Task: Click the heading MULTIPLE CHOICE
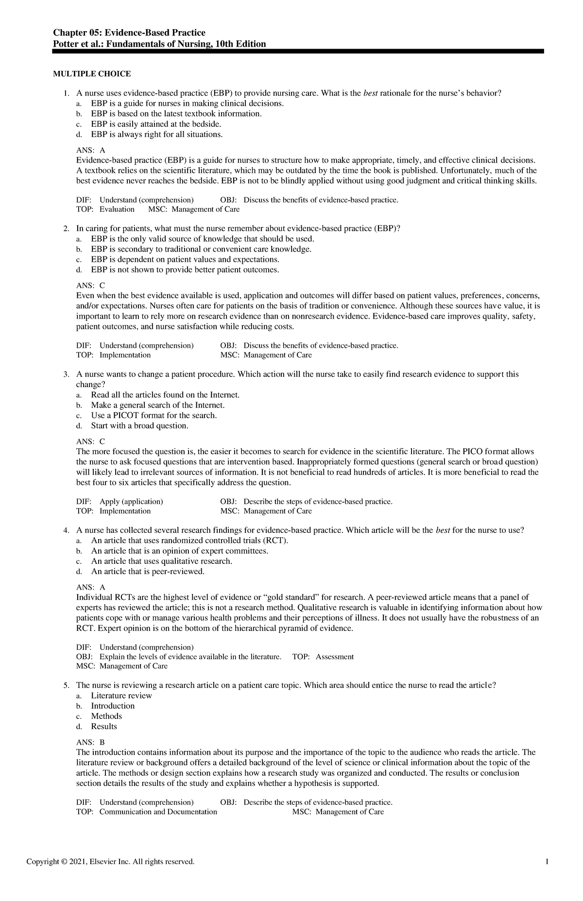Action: tap(92, 74)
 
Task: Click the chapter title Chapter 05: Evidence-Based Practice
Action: tap(129, 33)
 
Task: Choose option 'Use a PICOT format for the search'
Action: tap(154, 416)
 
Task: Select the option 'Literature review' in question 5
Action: tap(121, 696)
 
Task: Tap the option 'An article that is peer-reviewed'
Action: tap(148, 572)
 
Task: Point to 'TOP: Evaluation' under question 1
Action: tap(105, 209)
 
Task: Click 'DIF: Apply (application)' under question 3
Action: tap(120, 502)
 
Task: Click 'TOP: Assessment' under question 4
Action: tap(323, 657)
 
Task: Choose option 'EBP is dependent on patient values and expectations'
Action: tap(185, 259)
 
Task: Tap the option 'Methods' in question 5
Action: tap(106, 716)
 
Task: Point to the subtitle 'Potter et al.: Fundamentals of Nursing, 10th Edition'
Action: tap(159, 44)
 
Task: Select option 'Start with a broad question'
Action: tap(139, 426)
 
